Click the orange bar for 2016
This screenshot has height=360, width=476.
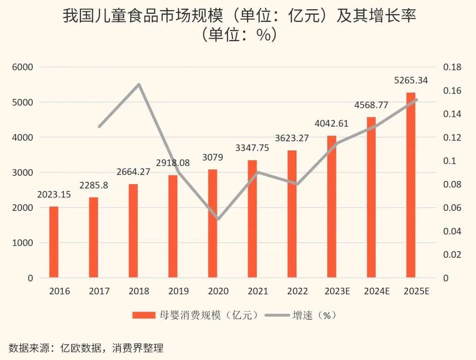click(54, 242)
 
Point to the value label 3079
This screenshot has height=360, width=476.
click(213, 157)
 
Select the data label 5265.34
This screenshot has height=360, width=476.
click(411, 81)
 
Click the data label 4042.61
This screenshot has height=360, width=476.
click(331, 123)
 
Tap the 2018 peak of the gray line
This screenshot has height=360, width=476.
click(139, 84)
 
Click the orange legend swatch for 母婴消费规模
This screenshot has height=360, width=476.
click(144, 315)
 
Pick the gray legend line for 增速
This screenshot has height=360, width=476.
click(278, 315)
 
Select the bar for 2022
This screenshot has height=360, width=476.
click(292, 214)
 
